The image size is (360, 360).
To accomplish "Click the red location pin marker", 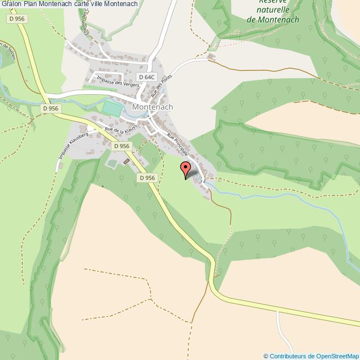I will coord(186,168).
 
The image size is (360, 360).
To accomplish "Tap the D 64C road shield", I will coord(146,77).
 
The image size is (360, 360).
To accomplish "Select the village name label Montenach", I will coord(153,107).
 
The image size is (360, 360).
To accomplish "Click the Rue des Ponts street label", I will coord(160,90).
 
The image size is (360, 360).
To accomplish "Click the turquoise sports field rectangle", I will coord(112,109).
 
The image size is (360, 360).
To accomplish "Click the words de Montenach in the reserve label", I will coord(272,19).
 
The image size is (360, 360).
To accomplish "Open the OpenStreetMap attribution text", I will coord(311,356).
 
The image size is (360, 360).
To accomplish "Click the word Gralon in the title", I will coord(11,4).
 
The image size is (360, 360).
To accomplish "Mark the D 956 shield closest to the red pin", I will coord(147,178).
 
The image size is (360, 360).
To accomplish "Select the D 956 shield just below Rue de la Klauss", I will coord(121,146).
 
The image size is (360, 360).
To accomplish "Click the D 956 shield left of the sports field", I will coord(50,109).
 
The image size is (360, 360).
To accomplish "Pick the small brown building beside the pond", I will coord(126,161).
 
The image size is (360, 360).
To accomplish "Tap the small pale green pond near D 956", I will coord(112,163).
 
